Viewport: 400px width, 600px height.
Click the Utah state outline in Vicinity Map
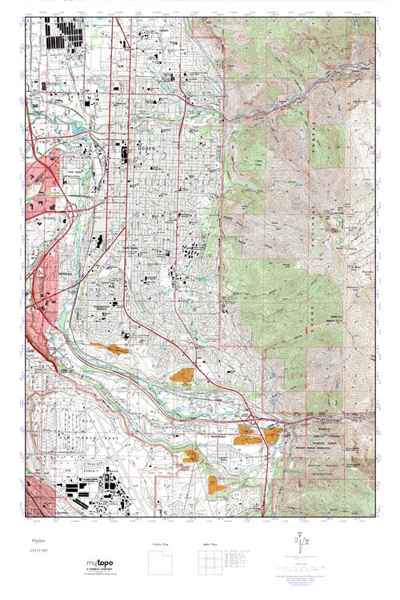[162, 563]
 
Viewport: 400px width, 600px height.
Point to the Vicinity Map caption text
[162, 545]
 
